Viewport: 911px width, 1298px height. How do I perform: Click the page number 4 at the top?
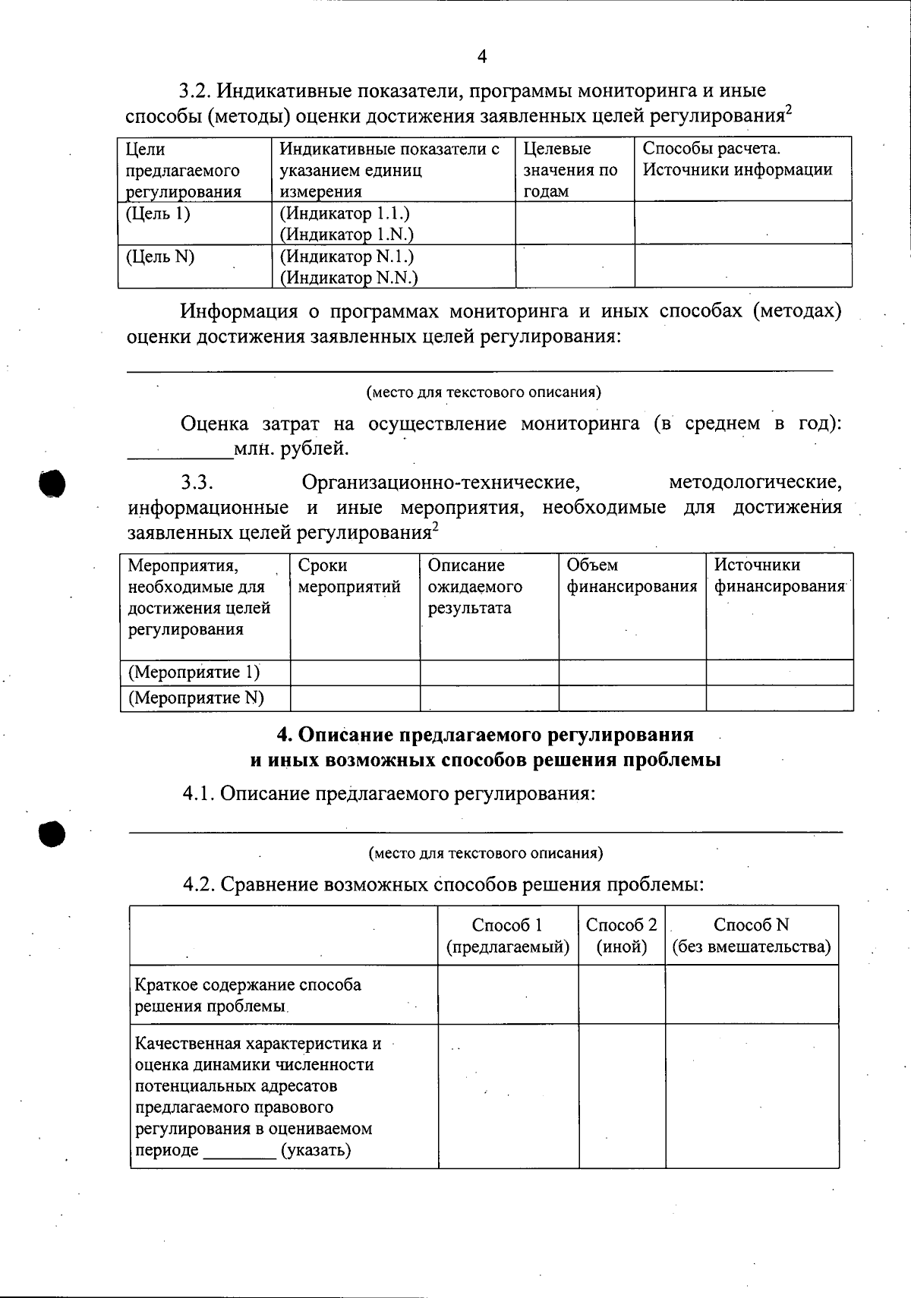[x=481, y=56]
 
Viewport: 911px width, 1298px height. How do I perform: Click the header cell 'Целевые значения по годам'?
[x=570, y=170]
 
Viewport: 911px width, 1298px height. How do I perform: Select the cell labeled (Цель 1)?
[x=158, y=214]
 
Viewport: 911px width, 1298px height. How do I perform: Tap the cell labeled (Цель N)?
[x=160, y=257]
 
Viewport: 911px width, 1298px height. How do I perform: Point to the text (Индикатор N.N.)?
[x=349, y=278]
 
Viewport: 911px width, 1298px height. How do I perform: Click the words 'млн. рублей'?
[x=292, y=449]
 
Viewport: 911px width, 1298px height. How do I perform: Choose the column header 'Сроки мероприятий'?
[x=349, y=576]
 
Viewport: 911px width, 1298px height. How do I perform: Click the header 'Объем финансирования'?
[x=632, y=576]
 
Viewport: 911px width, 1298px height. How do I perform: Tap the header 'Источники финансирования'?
[x=779, y=576]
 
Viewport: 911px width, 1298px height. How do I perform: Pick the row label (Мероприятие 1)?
[x=194, y=673]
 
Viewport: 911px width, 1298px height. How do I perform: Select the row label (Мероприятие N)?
[x=196, y=698]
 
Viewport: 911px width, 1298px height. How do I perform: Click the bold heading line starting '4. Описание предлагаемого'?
[x=485, y=735]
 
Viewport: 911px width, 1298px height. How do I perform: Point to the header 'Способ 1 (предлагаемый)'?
[x=508, y=936]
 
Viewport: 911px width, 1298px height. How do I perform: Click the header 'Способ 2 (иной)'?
[x=622, y=936]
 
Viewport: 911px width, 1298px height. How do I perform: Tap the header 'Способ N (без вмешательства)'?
[x=752, y=936]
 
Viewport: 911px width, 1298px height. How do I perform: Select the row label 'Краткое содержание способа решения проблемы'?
[x=248, y=995]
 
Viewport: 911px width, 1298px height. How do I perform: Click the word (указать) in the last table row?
[x=316, y=1150]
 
